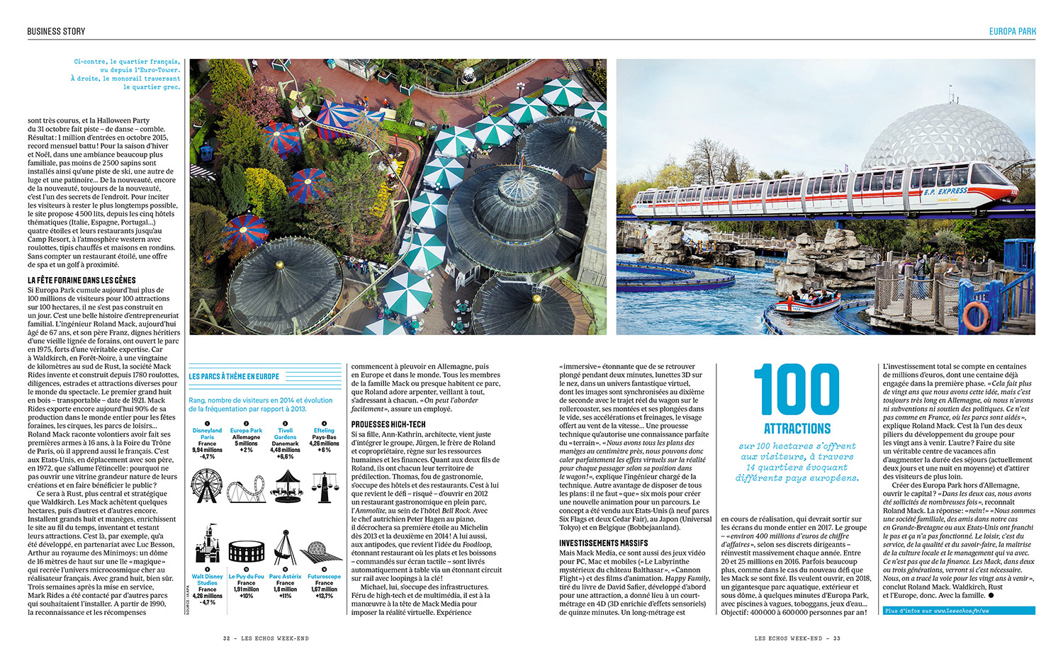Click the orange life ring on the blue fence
(x=976, y=316)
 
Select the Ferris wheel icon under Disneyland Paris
(x=206, y=487)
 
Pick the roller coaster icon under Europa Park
(x=246, y=488)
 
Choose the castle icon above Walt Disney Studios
(x=207, y=546)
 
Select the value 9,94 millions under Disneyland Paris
(x=207, y=450)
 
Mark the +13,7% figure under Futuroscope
(x=324, y=596)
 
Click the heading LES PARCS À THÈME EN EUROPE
(x=234, y=377)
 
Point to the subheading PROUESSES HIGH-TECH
(x=388, y=424)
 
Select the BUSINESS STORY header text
(x=56, y=31)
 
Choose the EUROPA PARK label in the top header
(x=1012, y=31)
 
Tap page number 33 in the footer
(x=836, y=638)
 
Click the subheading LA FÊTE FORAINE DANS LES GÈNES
(x=81, y=281)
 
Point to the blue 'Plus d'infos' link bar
(x=958, y=611)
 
